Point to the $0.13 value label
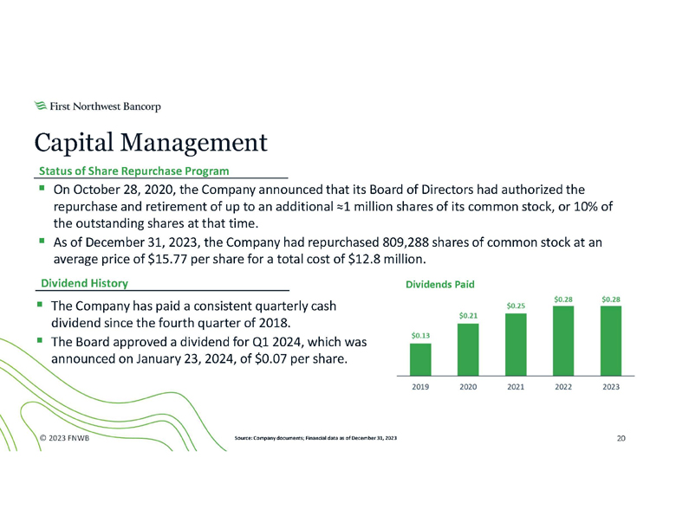tap(419, 335)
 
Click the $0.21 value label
tap(467, 316)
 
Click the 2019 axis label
tap(419, 386)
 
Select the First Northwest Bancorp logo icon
tap(40, 106)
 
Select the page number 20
tap(621, 439)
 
